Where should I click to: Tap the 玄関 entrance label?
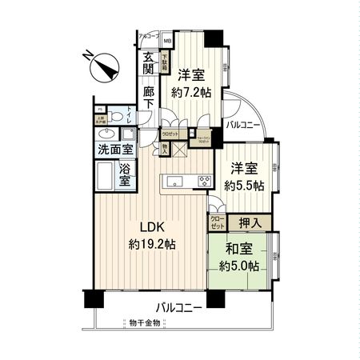tap(150, 63)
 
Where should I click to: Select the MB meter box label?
tap(167, 41)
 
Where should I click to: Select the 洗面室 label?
tap(116, 149)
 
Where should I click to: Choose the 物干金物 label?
tap(144, 323)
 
